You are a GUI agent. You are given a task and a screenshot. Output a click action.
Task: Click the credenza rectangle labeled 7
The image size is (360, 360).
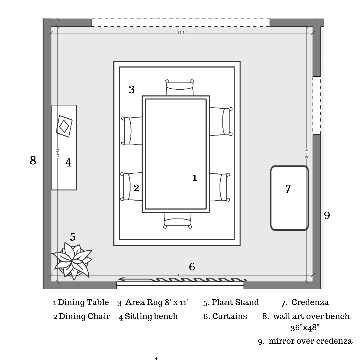tap(289, 198)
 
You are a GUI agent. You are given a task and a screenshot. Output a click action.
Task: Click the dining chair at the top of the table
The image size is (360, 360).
tap(180, 88)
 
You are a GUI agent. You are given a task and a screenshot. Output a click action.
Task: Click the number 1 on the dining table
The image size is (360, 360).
tap(195, 178)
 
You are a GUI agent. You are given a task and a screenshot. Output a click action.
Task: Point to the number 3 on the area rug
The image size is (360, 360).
tap(132, 89)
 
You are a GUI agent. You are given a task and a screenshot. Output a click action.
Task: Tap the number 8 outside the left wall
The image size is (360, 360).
tap(33, 161)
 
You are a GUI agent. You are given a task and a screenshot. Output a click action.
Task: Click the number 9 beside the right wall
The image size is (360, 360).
tap(327, 215)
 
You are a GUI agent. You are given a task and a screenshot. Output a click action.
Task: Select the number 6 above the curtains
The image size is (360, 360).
tap(192, 267)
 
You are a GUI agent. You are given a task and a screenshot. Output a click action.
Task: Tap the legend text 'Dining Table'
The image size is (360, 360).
tap(84, 303)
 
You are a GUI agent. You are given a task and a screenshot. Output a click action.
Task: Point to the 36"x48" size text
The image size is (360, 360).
tap(305, 327)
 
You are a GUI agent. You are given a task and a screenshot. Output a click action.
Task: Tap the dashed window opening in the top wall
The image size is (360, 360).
tap(180, 22)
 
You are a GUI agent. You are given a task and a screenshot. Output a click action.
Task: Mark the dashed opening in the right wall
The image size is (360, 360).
tap(317, 105)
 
